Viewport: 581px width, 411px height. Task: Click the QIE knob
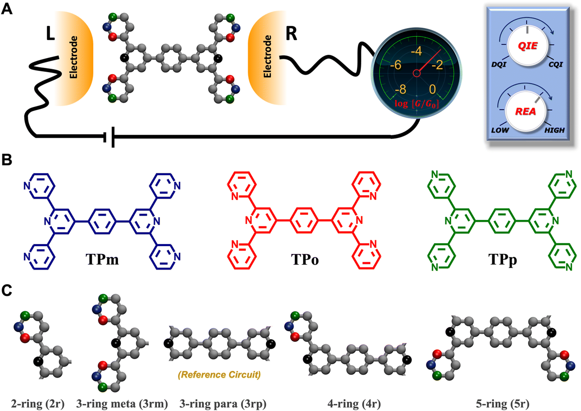(527, 46)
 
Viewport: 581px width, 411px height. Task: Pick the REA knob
(526, 111)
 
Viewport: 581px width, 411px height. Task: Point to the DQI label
(499, 64)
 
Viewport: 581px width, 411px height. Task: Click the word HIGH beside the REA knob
(554, 130)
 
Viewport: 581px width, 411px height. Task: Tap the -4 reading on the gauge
(416, 51)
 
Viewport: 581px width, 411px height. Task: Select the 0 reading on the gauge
(432, 89)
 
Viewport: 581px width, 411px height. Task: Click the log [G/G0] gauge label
(416, 104)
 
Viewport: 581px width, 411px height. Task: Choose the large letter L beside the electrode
(51, 33)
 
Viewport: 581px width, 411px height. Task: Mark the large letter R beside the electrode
(291, 33)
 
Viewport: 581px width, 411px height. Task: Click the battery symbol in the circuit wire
(109, 137)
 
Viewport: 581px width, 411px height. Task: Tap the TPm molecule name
(102, 259)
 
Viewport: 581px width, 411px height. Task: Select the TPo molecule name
(305, 259)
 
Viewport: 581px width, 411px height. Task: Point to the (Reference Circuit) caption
(219, 375)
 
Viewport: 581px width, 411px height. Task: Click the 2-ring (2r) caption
(38, 404)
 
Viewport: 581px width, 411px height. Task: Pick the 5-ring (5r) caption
(503, 404)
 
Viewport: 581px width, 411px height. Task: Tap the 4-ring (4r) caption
(354, 404)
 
